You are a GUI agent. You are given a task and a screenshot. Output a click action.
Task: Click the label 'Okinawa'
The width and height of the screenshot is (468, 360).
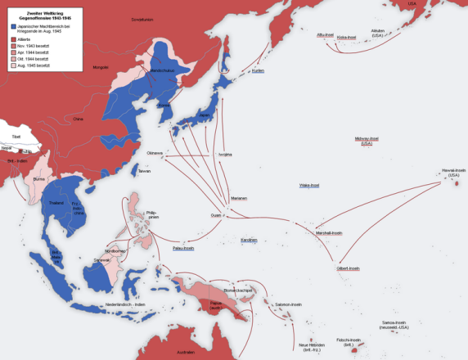coord(155,153)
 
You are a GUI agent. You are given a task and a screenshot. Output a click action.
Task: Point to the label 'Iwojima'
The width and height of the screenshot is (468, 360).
coord(226,154)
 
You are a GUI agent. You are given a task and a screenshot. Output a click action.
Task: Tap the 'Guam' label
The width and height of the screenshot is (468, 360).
coord(215,215)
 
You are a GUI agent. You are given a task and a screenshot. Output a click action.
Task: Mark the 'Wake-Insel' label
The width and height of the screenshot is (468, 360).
coord(309,186)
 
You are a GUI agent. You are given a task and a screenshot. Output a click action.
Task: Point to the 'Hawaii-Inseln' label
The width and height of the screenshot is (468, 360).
coord(454,172)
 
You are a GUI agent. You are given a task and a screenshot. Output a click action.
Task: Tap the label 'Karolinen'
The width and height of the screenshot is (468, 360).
coord(249,240)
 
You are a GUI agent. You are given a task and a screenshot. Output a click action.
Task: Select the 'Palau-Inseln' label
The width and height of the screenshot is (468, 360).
coord(183,248)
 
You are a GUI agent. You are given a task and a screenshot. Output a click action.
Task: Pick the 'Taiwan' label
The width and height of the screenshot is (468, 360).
coord(144,171)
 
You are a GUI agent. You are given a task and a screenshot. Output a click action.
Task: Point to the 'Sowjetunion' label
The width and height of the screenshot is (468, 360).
coord(141,18)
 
